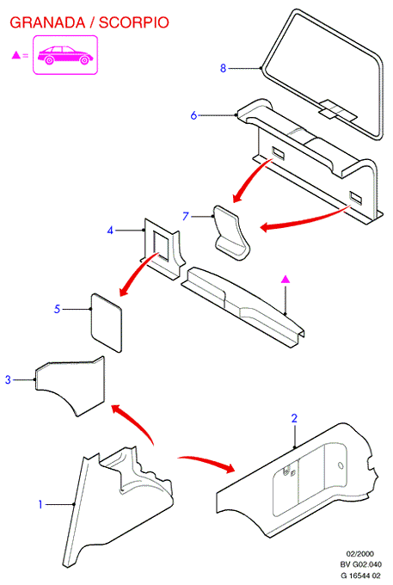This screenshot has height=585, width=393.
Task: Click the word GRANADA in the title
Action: pyautogui.click(x=47, y=22)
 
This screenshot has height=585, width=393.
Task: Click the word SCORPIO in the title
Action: pyautogui.click(x=134, y=22)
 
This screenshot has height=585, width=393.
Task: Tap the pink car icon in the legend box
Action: pyautogui.click(x=64, y=55)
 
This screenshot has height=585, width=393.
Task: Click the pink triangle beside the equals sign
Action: pyautogui.click(x=16, y=55)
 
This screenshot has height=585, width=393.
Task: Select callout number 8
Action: pyautogui.click(x=223, y=68)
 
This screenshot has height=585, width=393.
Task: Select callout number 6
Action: pyautogui.click(x=193, y=115)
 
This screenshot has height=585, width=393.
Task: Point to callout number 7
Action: pyautogui.click(x=186, y=217)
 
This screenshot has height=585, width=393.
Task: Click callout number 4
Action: pyautogui.click(x=110, y=231)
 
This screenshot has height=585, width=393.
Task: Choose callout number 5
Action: pyautogui.click(x=57, y=309)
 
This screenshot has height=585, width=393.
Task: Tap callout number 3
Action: pyautogui.click(x=9, y=379)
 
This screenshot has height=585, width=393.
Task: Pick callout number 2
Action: pyautogui.click(x=294, y=418)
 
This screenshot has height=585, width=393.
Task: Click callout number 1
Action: pyautogui.click(x=40, y=504)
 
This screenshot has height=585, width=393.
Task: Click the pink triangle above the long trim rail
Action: pyautogui.click(x=286, y=279)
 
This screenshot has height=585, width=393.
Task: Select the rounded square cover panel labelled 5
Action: pyautogui.click(x=107, y=323)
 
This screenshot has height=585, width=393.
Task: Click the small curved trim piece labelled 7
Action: pyautogui.click(x=231, y=232)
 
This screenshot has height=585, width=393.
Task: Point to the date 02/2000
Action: pyautogui.click(x=359, y=554)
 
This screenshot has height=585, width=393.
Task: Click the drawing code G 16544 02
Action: pyautogui.click(x=360, y=575)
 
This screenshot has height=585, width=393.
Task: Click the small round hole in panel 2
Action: pyautogui.click(x=340, y=465)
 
